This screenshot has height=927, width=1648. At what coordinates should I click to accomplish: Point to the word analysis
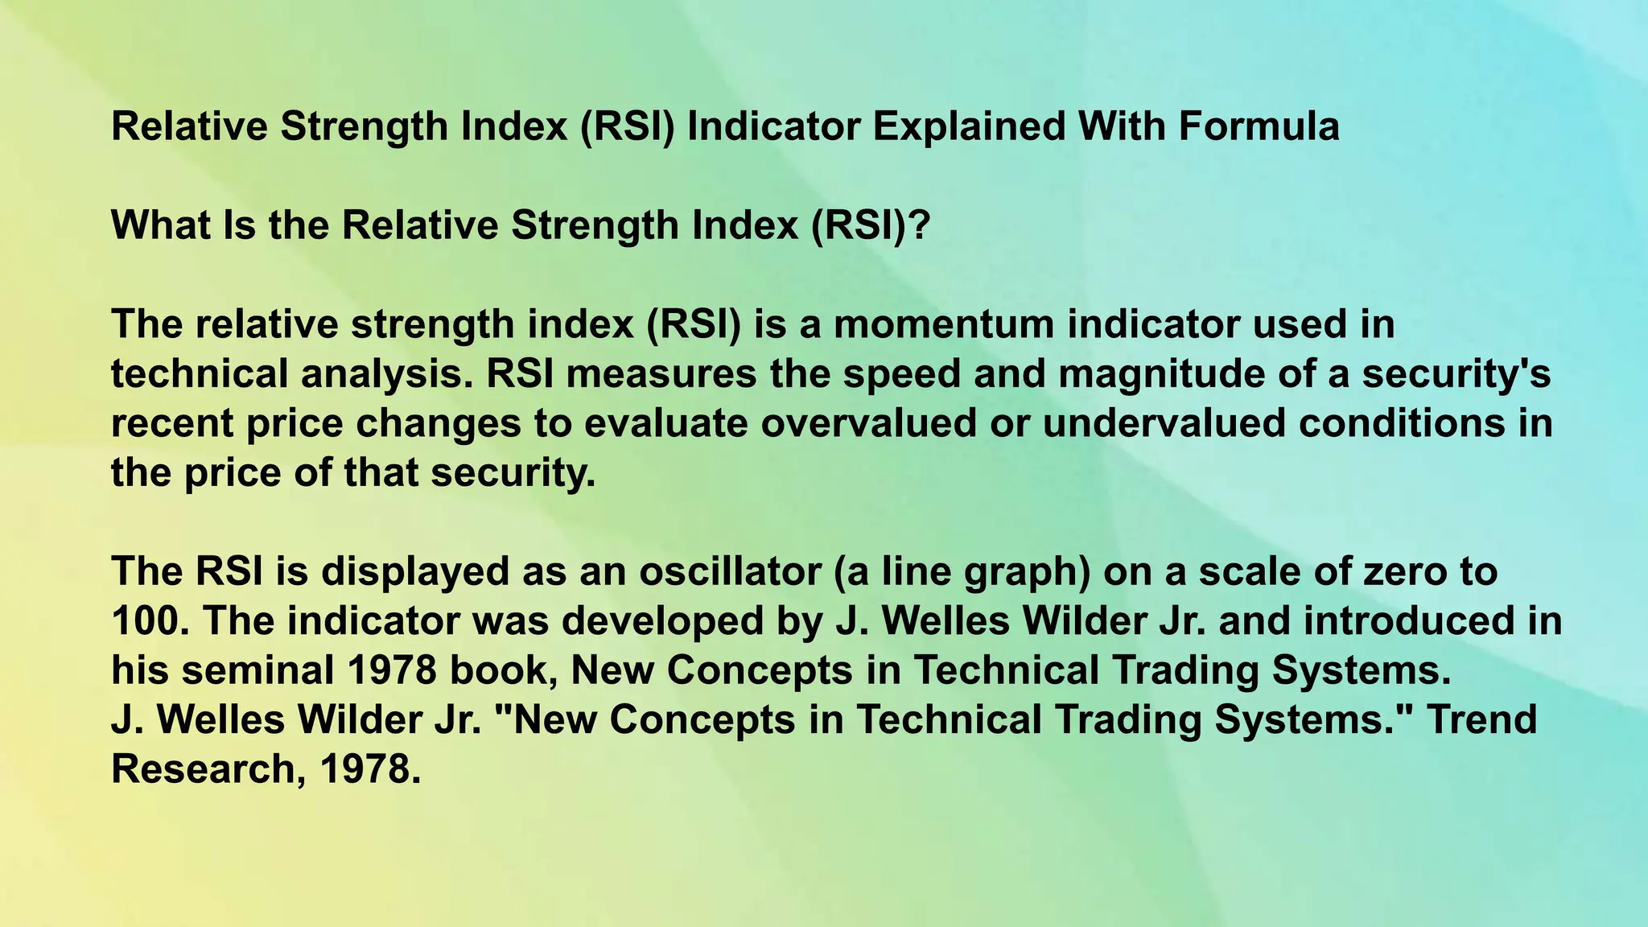click(x=385, y=375)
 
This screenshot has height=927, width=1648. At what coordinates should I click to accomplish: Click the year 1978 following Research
click(x=370, y=769)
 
